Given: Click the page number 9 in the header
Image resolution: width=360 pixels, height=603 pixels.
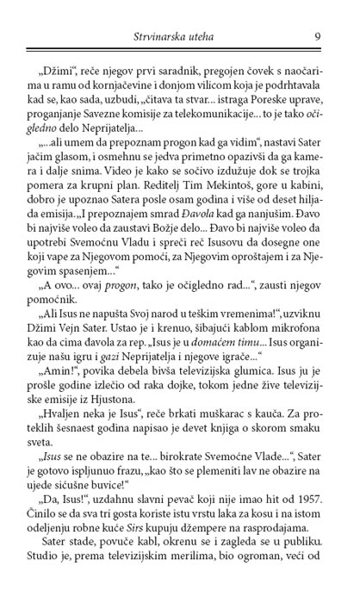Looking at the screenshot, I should coord(319,36).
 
